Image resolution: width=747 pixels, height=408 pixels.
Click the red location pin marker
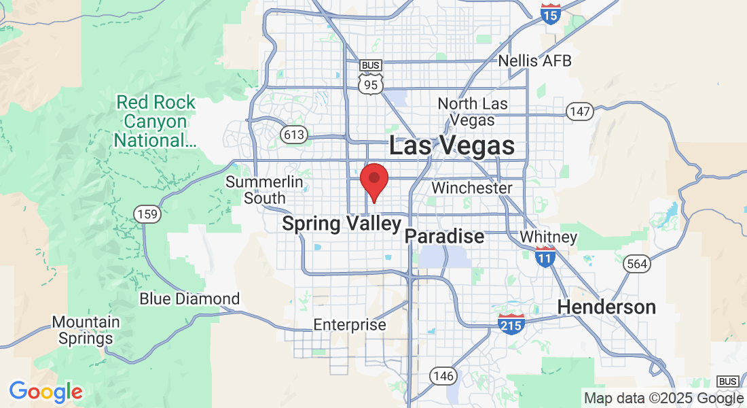[373, 180]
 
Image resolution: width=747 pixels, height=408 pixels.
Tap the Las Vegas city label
[451, 146]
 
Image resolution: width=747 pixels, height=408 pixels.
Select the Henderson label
[606, 307]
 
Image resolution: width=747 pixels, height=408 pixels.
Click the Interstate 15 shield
[551, 14]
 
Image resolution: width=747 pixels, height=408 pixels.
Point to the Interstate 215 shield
[511, 323]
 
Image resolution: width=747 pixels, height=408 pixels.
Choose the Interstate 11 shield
[545, 256]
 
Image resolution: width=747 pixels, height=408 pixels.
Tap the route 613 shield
[294, 135]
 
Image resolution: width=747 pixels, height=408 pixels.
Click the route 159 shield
[147, 215]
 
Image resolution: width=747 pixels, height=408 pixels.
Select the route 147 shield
[581, 112]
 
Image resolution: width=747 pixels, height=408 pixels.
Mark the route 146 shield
[441, 375]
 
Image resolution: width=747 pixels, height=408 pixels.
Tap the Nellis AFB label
[534, 61]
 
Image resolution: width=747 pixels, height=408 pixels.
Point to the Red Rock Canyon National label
[156, 122]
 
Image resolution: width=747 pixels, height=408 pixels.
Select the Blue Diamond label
[189, 299]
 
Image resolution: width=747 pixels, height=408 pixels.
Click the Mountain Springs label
[86, 330]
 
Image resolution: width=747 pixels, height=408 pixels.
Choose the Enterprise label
[349, 325]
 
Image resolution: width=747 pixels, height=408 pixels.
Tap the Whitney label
[548, 237]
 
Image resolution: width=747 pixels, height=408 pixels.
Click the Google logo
[45, 392]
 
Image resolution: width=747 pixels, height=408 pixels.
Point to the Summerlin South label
[255, 190]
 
